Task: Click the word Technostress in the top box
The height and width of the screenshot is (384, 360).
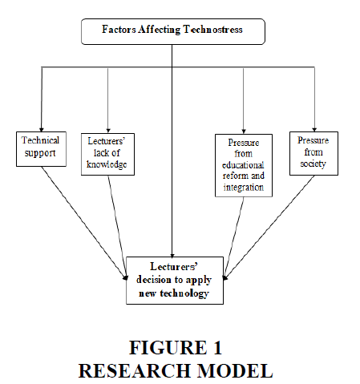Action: point(212,30)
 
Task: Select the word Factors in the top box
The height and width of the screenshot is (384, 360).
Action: point(119,30)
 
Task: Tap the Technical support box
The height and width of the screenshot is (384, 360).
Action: point(41,149)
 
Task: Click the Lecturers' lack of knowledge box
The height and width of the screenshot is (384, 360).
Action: point(107,155)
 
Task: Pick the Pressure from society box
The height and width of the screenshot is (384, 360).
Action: point(313,153)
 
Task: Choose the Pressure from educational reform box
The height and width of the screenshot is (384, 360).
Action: point(244,166)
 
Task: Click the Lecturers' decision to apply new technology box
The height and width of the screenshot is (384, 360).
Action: point(175,281)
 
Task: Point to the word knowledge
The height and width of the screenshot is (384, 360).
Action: point(107,164)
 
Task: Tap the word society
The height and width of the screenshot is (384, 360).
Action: point(313,164)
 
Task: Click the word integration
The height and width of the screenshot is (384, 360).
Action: point(244,188)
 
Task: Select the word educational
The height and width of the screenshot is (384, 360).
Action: point(243,165)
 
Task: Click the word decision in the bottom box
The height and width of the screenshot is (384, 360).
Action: point(154,280)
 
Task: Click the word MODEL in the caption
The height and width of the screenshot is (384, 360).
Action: point(235,371)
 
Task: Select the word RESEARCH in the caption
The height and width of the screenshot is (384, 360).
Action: point(136,371)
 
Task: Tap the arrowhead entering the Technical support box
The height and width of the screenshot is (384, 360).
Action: point(42,130)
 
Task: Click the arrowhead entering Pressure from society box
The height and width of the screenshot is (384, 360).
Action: point(314,130)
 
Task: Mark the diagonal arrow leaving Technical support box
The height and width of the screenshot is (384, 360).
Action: point(84,223)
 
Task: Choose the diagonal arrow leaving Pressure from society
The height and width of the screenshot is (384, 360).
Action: point(269,228)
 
